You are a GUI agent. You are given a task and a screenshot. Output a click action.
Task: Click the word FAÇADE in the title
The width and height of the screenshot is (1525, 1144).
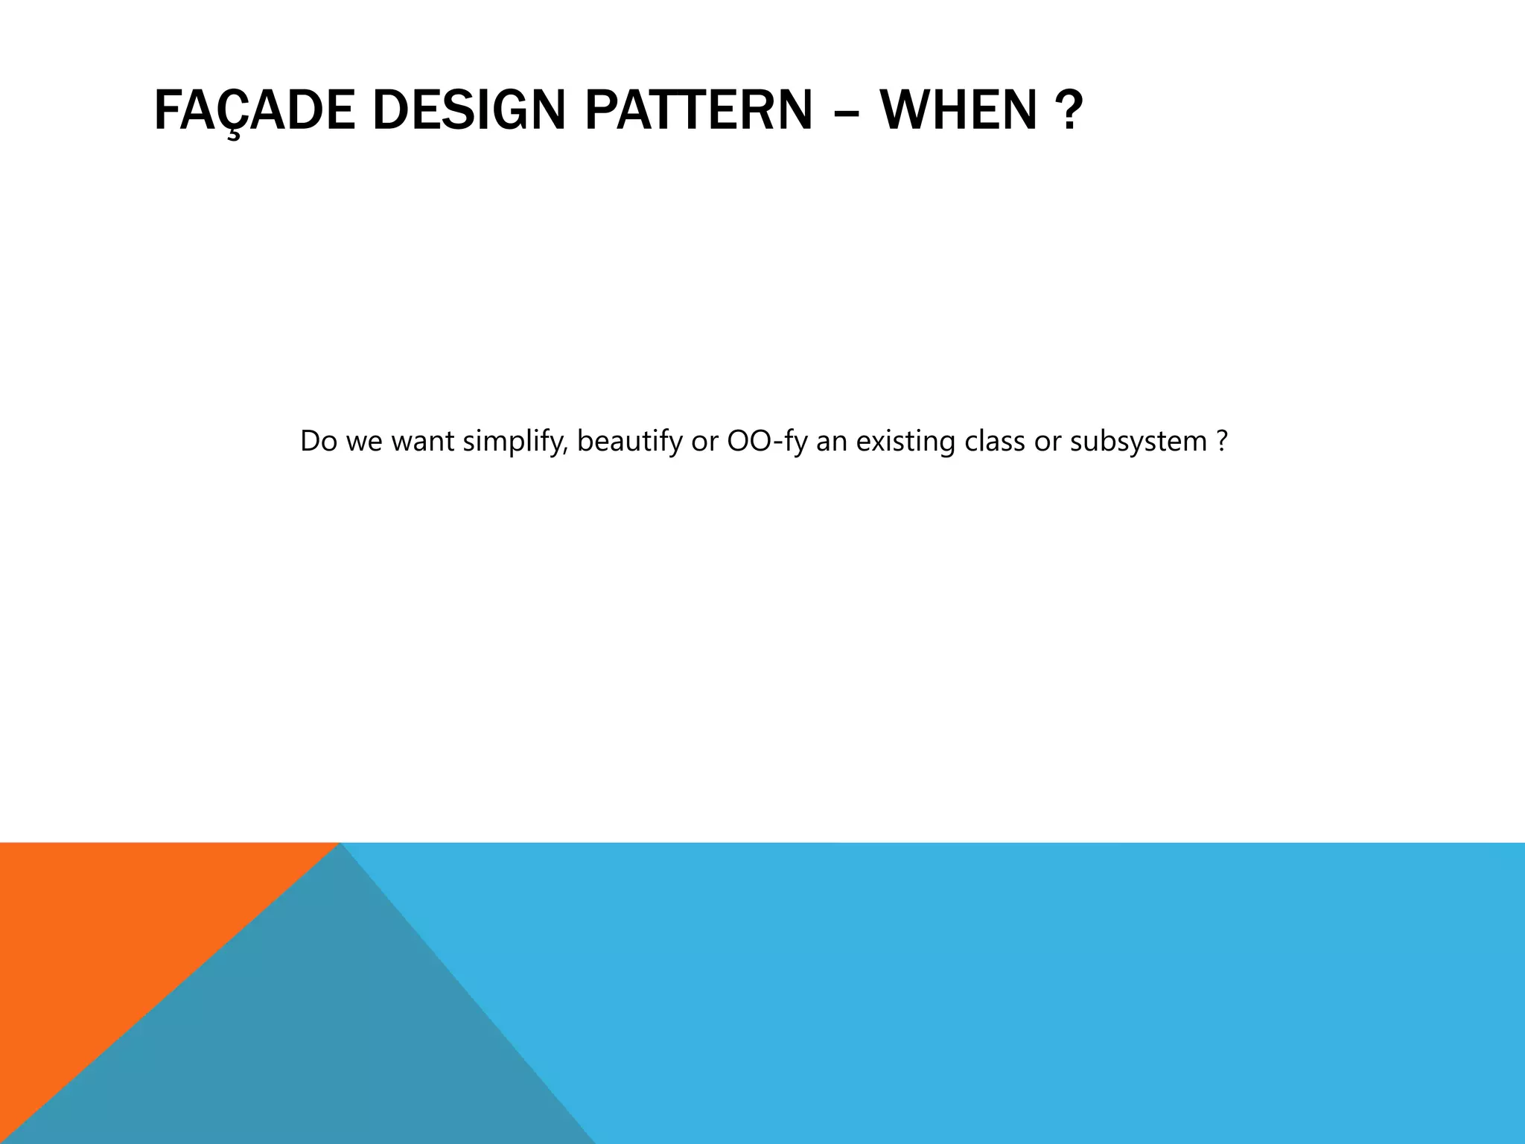click(254, 110)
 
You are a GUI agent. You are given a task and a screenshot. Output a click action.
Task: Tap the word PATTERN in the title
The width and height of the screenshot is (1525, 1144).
click(698, 110)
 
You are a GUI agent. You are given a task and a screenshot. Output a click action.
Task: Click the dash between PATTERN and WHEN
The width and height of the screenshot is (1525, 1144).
click(846, 112)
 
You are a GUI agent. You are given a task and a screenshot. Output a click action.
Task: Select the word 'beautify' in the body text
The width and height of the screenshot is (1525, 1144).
click(629, 442)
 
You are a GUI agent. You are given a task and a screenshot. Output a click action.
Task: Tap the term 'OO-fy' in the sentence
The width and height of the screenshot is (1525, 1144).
click(767, 442)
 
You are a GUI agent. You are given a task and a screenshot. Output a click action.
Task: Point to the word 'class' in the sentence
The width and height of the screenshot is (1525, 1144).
click(995, 442)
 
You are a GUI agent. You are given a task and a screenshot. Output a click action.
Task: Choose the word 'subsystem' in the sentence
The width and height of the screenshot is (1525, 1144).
click(1138, 442)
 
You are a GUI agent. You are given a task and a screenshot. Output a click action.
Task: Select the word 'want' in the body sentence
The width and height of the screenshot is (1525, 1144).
click(422, 442)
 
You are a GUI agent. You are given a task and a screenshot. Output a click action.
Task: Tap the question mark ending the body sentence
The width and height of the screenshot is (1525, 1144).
click(1221, 442)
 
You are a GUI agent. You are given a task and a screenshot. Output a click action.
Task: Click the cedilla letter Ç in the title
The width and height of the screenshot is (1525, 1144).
click(234, 112)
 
